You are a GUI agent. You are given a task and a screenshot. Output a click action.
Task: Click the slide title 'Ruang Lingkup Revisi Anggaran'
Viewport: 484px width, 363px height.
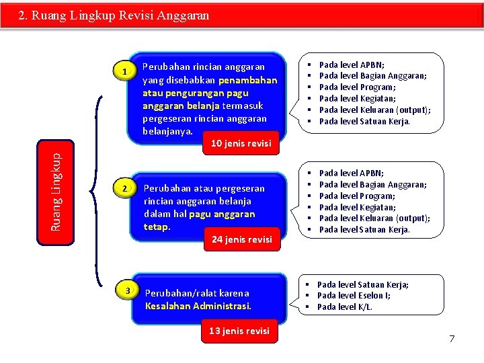[114, 15]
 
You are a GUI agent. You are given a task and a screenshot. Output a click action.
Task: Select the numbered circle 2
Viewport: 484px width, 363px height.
[124, 190]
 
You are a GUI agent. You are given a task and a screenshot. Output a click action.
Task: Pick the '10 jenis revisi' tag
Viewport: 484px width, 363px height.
[241, 143]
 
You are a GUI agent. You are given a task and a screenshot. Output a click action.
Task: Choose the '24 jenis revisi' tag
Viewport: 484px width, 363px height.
[241, 239]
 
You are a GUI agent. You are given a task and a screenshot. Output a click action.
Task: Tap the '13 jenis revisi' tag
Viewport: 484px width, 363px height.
[239, 330]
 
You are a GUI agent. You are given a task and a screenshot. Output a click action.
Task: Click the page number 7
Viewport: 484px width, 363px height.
[452, 338]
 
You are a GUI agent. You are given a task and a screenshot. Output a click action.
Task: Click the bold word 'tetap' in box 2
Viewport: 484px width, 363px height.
[157, 227]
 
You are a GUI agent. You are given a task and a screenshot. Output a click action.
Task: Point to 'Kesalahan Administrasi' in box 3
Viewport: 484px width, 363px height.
[198, 306]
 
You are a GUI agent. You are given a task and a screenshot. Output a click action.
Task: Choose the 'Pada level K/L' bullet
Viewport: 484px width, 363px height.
[344, 307]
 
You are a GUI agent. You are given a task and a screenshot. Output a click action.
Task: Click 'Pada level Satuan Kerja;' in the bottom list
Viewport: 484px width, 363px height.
[362, 284]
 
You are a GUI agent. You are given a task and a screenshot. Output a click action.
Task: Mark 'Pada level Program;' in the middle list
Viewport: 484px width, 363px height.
[357, 196]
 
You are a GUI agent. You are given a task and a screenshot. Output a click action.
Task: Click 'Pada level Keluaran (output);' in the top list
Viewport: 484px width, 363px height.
[374, 110]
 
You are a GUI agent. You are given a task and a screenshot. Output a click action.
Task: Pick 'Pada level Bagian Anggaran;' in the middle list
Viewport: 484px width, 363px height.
[372, 184]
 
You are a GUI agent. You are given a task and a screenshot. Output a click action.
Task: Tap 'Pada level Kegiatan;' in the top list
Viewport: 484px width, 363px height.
[357, 98]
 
